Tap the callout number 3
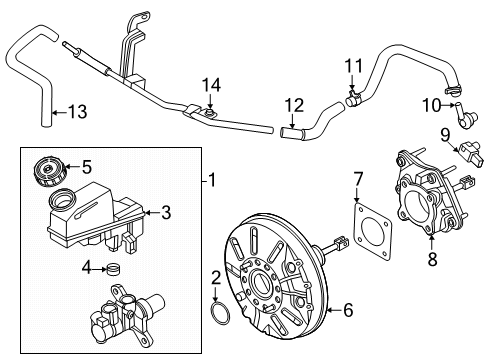167,211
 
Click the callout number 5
86,167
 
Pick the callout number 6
319,311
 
